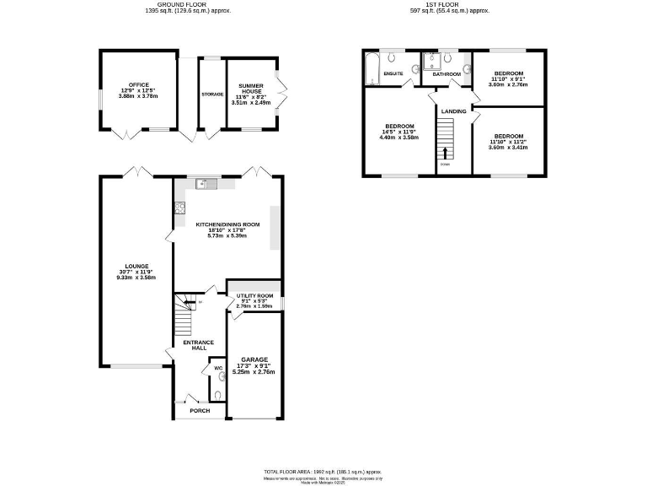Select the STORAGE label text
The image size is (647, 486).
point(212,94)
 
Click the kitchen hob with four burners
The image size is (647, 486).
point(179,208)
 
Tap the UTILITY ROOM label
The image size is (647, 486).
point(253,295)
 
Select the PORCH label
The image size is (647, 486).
point(200,410)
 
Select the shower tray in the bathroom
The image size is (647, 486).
point(432,61)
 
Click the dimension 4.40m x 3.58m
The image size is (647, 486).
point(400,138)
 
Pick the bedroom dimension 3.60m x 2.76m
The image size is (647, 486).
point(508,84)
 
